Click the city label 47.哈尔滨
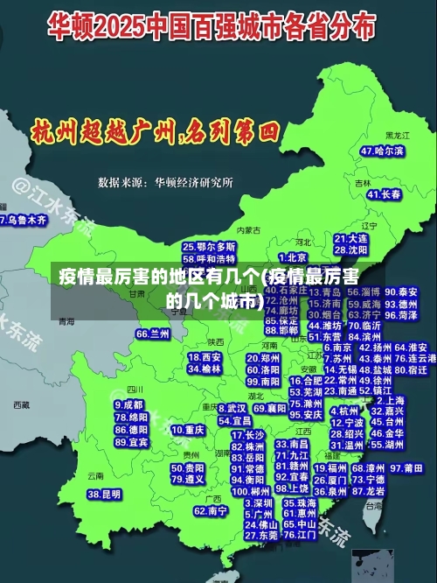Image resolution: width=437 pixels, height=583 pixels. (382, 151)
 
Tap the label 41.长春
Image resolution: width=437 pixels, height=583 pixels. (384, 193)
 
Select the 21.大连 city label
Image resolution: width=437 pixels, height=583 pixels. (350, 238)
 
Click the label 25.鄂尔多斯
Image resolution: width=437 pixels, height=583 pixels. (209, 248)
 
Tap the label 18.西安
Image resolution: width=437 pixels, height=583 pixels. (205, 357)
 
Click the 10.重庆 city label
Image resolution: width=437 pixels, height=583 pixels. (188, 431)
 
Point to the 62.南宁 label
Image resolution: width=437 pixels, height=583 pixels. (211, 510)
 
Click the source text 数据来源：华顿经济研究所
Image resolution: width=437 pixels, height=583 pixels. (165, 182)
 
